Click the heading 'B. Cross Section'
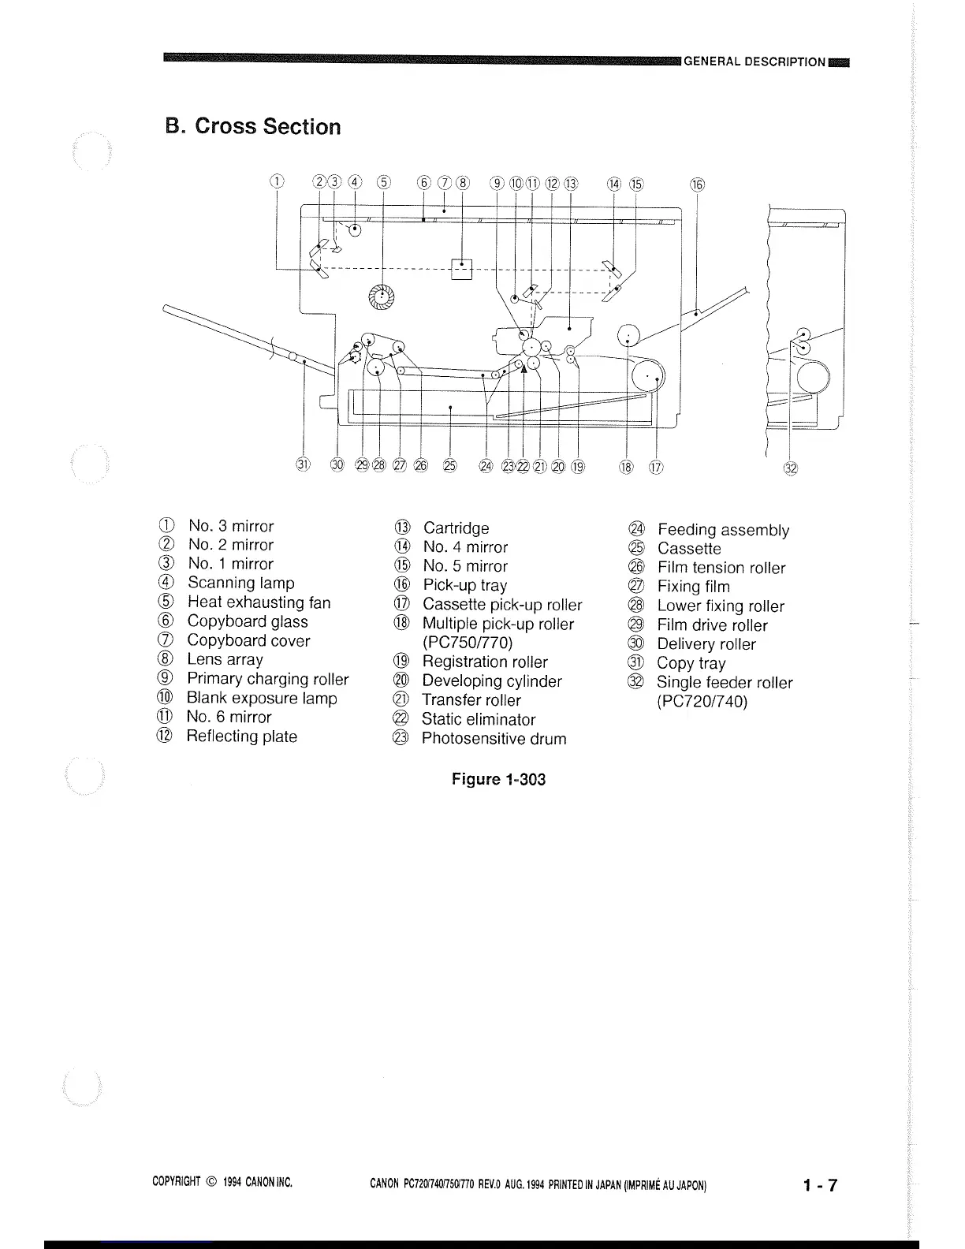coord(253,127)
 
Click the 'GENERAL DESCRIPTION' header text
coord(754,62)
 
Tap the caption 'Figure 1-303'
coord(498,779)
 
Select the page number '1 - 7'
coord(820,1185)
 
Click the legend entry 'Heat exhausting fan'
coord(259,602)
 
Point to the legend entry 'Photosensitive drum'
coord(494,739)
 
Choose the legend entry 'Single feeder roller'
coord(724,683)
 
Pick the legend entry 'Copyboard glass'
coord(248,621)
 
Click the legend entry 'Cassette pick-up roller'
coord(502,605)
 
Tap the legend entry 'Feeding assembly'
coord(723,530)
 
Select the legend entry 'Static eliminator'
coord(478,719)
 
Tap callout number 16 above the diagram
coord(697,185)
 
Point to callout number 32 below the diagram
coord(790,468)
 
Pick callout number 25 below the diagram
coord(449,465)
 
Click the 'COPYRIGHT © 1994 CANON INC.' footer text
coord(222,1182)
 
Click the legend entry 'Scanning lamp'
coord(240,583)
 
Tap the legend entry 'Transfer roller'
coord(471,700)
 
